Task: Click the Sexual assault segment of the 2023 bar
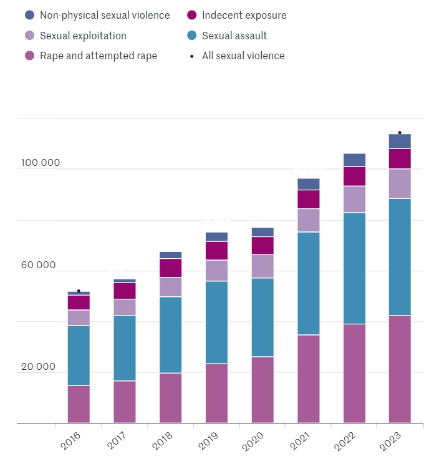point(400,257)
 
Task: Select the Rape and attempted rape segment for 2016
point(79,404)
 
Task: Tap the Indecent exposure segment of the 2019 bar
point(216,251)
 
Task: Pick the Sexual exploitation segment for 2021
point(309,220)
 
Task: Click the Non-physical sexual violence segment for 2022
point(354,160)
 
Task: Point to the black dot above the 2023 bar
point(400,132)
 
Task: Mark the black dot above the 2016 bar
point(79,291)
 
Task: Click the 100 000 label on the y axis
point(41,163)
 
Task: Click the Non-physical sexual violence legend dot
point(29,15)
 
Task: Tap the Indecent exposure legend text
point(244,15)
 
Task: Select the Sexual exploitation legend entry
point(83,36)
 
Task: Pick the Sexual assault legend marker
point(191,36)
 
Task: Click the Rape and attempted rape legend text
point(99,56)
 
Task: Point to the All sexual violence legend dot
point(191,56)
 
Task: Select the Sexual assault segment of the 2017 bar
point(125,348)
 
